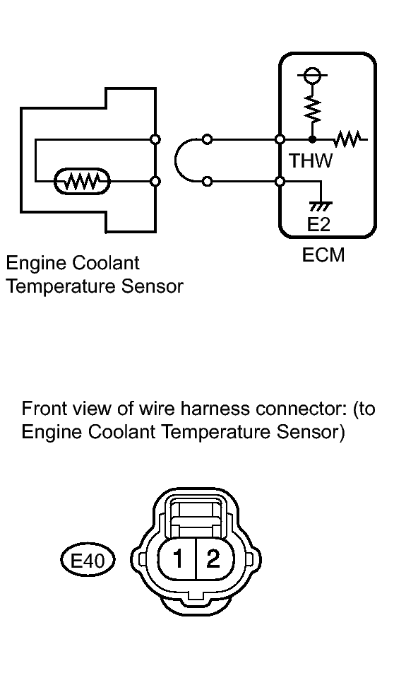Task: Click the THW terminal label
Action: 311,161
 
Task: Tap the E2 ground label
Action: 318,224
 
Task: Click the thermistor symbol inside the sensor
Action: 83,182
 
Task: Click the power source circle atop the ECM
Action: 312,75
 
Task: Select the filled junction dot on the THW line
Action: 312,139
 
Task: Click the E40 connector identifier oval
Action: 88,561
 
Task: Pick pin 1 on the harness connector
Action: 178,559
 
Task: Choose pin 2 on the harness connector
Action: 213,559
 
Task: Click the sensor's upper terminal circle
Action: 156,139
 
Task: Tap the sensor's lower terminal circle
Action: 156,182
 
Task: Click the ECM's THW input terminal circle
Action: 280,139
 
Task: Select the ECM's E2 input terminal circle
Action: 280,182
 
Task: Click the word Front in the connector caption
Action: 42,408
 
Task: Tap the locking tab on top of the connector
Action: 196,514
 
